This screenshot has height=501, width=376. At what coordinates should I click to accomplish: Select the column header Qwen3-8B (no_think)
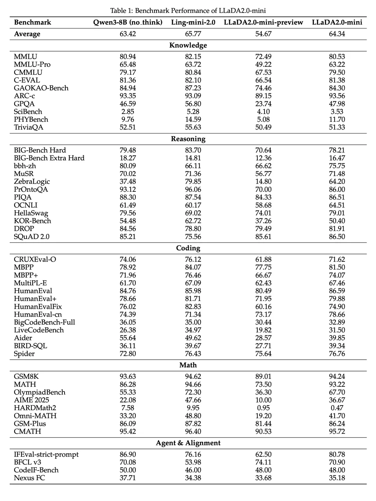[128, 22]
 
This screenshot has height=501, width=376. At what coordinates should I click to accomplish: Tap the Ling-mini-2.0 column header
[193, 22]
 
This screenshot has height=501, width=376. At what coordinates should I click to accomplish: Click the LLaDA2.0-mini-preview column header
[263, 22]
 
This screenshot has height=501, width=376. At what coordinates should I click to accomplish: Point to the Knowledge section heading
[188, 45]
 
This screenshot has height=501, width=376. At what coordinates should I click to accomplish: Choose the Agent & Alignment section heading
[188, 443]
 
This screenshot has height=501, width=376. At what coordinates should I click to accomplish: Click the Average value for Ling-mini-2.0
[193, 34]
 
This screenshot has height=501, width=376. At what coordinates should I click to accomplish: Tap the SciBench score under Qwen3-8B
[128, 112]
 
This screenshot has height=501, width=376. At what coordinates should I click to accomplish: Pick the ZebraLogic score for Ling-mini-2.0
[193, 182]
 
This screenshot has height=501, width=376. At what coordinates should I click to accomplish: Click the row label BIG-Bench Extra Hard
[49, 158]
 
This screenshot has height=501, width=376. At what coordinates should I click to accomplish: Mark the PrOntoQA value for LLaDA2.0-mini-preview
[263, 189]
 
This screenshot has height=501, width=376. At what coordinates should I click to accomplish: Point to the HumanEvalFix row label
[38, 306]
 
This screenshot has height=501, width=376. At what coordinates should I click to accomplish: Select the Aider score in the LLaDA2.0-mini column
[337, 338]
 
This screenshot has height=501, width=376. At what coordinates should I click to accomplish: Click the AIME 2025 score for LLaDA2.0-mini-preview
[263, 400]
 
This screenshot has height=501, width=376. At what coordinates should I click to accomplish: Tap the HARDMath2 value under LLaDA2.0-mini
[337, 408]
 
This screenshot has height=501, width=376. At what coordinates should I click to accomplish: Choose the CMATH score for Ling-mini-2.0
[193, 431]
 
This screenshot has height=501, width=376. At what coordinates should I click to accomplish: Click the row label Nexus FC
[29, 478]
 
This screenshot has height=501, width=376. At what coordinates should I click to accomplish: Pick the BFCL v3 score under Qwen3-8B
[128, 462]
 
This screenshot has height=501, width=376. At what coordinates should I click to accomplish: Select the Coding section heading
[188, 248]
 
